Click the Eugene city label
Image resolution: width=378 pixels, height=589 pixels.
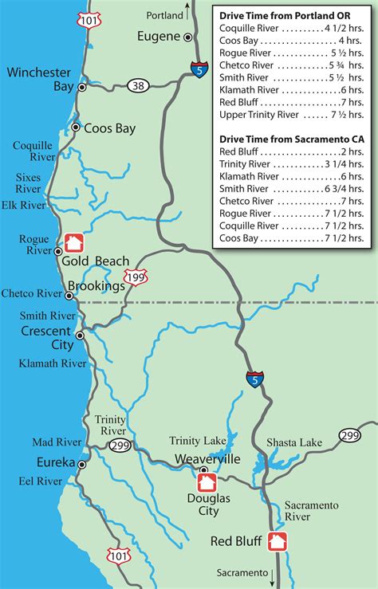point(159,36)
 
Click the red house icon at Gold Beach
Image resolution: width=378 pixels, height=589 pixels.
point(74,241)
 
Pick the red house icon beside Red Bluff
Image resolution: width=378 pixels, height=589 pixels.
point(278,541)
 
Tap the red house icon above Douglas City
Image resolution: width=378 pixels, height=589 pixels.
point(207,482)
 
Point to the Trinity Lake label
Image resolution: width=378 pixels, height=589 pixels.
point(195,441)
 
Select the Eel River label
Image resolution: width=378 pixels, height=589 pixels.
point(41,481)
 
